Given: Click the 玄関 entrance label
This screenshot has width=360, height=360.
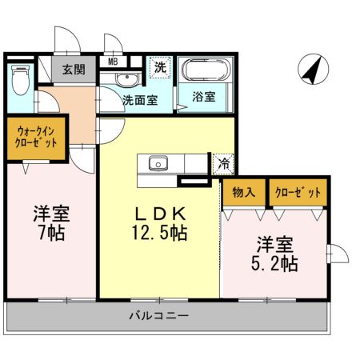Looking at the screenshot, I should point(74,69).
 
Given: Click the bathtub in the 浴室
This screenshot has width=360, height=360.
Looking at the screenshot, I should point(204,70).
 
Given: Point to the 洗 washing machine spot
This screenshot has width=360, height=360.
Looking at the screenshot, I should point(160,68).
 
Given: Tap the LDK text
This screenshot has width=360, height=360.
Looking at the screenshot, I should point(160,214).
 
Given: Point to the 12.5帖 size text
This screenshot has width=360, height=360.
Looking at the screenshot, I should point(160,234).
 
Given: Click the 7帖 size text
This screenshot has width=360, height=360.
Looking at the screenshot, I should point(50,234).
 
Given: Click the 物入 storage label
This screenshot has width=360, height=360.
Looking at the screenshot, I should point(244,193).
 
